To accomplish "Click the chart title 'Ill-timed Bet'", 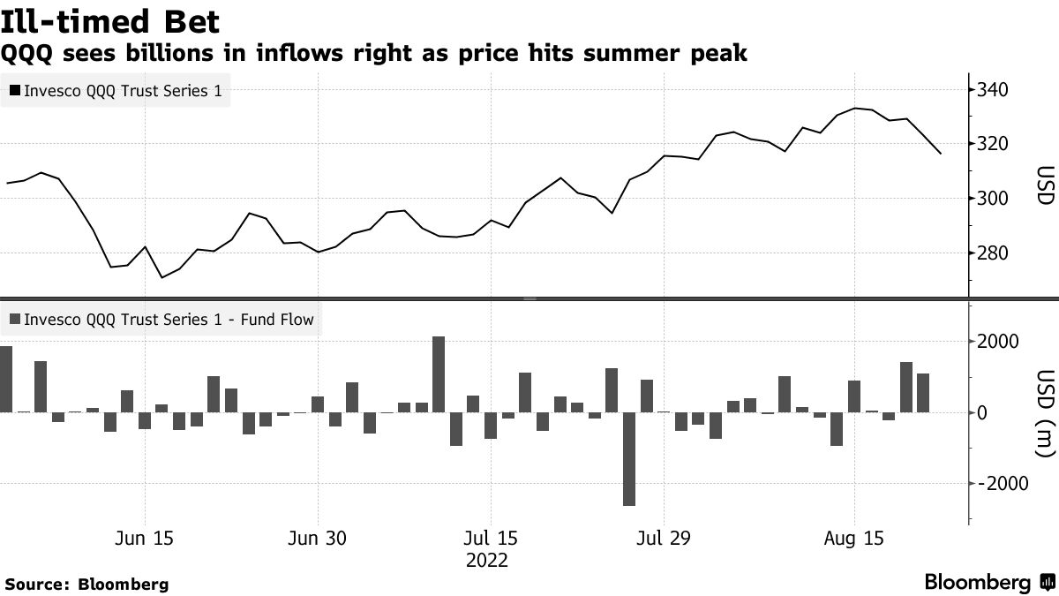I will coord(110,20).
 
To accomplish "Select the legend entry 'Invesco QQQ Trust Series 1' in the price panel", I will coord(116,91).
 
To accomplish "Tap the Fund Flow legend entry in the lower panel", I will coord(161,320).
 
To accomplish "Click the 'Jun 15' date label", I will coord(145,539).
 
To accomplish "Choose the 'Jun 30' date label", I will coord(318,539).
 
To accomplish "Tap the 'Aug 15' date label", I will coord(853,539).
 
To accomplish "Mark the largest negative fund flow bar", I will coord(629,458).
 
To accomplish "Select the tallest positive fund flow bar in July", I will coord(439,374).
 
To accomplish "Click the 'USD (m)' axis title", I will coord(1045,412).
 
